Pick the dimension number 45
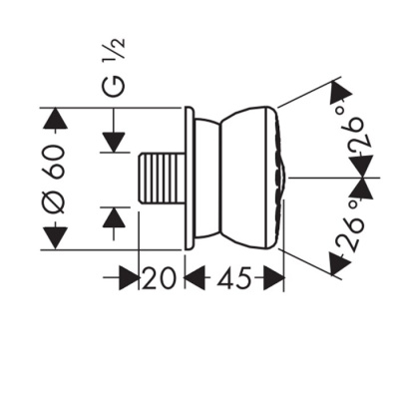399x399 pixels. coord(231,278)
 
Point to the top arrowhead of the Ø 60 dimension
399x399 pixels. coord(55,121)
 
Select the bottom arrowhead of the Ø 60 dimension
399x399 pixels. coord(55,236)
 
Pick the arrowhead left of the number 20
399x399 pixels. coord(127,278)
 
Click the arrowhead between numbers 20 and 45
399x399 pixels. coord(191,278)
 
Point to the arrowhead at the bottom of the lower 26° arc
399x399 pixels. coord(338,263)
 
